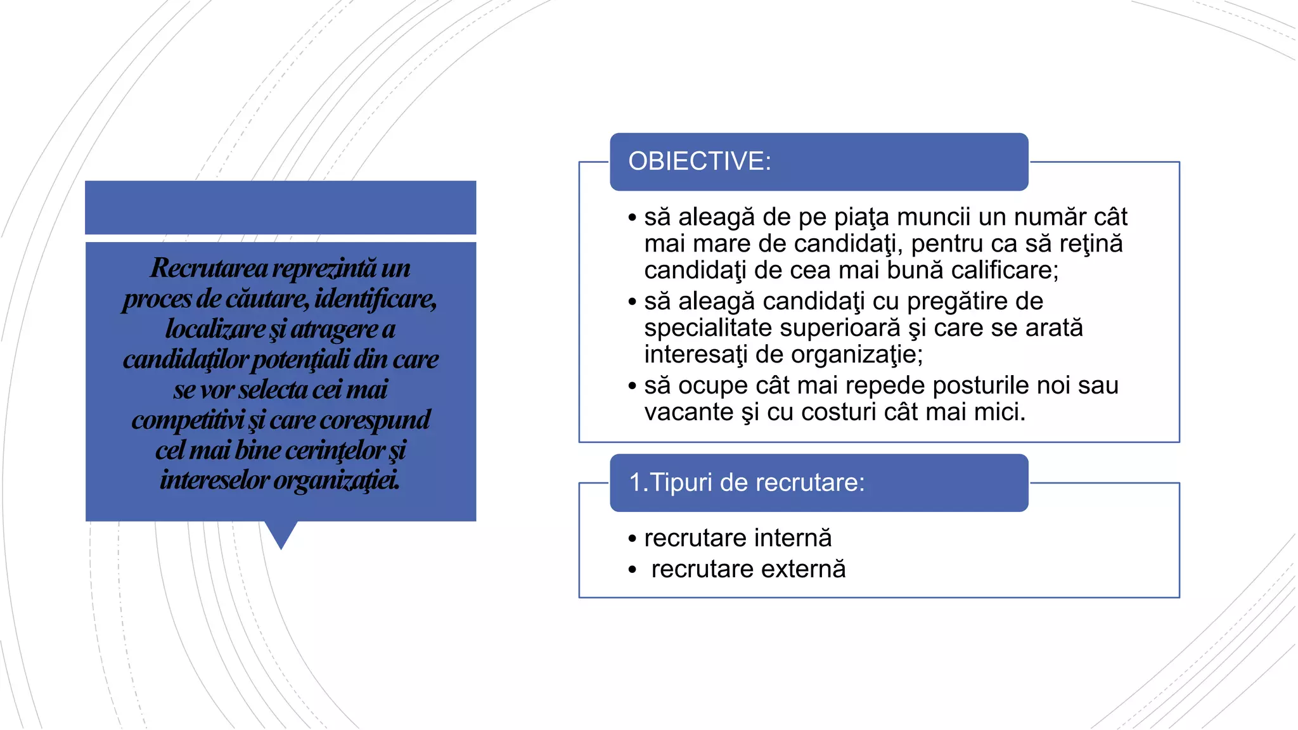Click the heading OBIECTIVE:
(699, 162)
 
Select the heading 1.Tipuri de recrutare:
(746, 483)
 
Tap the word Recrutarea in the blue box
(209, 268)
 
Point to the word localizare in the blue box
(215, 329)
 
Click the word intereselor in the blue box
(214, 480)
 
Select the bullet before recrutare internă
(632, 539)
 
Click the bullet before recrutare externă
(632, 570)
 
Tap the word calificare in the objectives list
(1004, 271)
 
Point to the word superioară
(840, 328)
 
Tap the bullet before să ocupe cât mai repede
(632, 387)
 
